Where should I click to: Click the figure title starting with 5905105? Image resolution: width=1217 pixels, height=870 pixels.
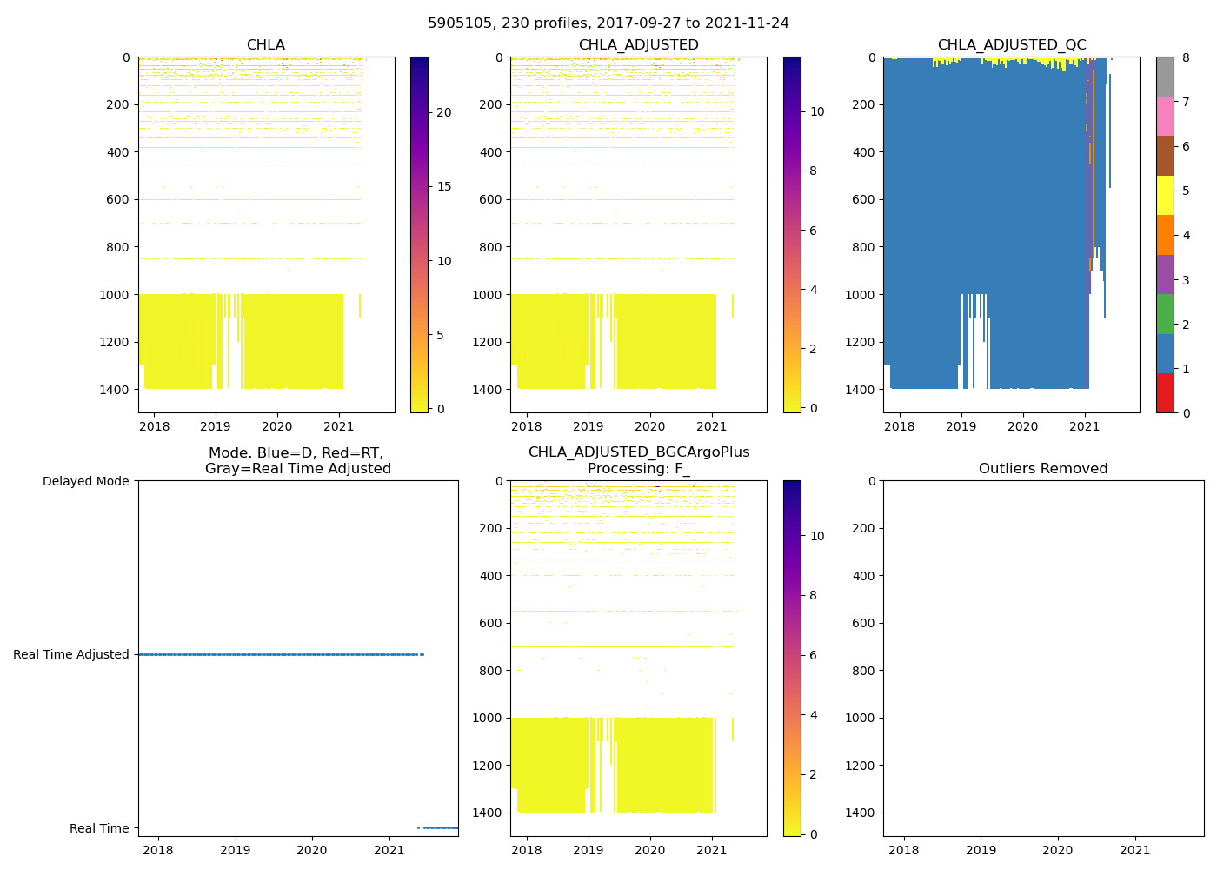[608, 23]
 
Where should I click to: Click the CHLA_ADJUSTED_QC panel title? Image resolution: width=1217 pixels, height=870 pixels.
[1011, 45]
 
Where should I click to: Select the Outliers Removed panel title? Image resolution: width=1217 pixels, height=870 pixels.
[1043, 469]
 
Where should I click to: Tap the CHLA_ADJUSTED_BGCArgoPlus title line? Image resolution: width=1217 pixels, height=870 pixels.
[639, 452]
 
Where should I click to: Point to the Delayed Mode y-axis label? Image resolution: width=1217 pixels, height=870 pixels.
[85, 481]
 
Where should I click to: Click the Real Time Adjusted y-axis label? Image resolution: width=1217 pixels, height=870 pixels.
[71, 654]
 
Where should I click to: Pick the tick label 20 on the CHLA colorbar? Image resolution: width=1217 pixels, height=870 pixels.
[443, 112]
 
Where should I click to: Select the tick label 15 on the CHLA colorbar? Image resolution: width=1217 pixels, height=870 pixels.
[443, 186]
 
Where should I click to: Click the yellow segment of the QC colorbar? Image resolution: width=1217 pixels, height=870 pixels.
[1165, 195]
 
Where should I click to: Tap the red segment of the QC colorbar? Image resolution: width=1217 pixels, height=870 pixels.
[1165, 392]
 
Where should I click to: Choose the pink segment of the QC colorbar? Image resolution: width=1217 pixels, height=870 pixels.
[1165, 116]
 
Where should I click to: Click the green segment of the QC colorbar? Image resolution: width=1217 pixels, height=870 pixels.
[1165, 313]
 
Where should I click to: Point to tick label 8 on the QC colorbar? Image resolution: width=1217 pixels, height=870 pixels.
[1186, 57]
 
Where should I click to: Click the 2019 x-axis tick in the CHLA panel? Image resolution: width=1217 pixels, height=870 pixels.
[216, 426]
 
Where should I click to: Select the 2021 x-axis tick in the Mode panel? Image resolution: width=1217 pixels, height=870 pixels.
[389, 850]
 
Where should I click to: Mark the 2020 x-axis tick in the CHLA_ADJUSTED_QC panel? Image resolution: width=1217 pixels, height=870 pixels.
[1022, 426]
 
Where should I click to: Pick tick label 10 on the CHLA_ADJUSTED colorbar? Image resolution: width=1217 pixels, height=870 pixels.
[817, 111]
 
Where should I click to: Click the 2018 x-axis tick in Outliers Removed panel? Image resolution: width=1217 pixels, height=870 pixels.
[904, 850]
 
